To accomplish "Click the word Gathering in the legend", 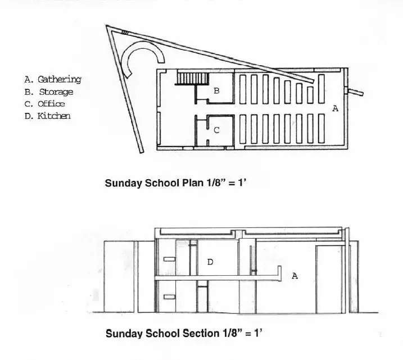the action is [60, 80].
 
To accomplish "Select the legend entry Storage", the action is [56, 92].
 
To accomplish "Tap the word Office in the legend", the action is [51, 104].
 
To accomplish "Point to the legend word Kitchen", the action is [54, 116].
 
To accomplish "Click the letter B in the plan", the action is [216, 90].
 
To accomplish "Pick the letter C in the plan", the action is [216, 130].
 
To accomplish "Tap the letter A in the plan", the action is [335, 108].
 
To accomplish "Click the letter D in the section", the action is [210, 262].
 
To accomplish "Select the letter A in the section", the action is [295, 276].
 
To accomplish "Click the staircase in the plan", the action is [192, 79].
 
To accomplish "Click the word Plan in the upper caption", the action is [193, 183].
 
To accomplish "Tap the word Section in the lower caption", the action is [201, 333].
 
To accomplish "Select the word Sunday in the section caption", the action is [124, 334].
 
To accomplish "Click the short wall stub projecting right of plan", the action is [354, 92].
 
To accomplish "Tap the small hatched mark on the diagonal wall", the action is [125, 33].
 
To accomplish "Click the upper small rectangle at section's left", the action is [169, 259].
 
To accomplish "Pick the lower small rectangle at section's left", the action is [169, 297].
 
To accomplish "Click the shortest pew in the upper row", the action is [310, 95].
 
